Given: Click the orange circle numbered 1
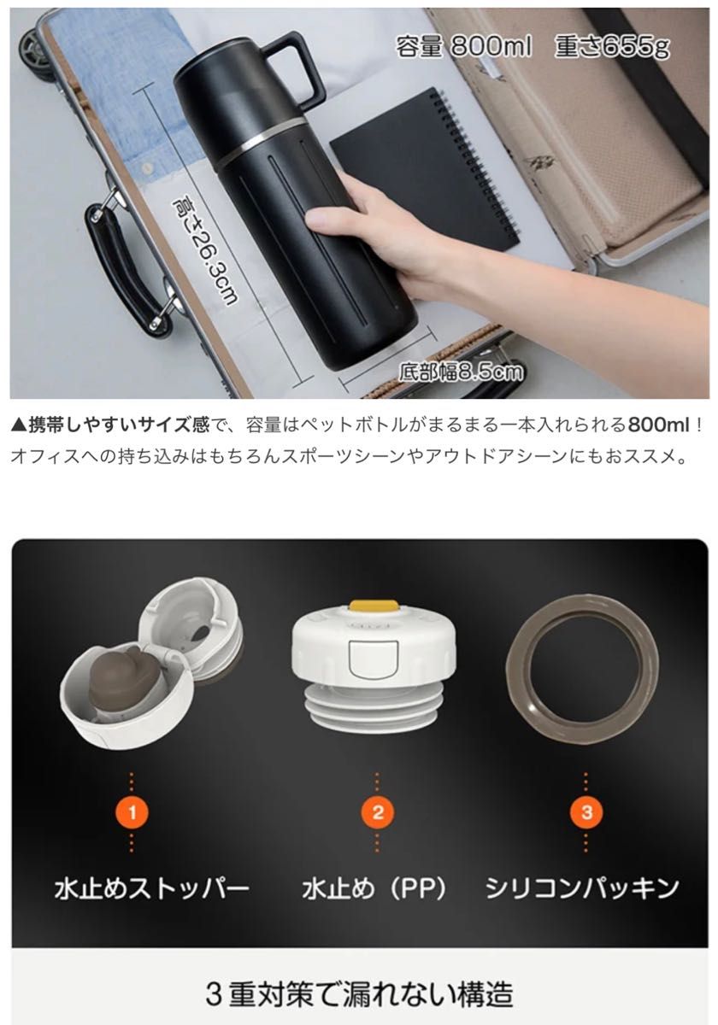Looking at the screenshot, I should [132, 811].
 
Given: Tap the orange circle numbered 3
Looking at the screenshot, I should [586, 811].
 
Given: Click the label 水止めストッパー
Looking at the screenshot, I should [152, 888].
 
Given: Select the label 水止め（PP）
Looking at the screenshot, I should [375, 888].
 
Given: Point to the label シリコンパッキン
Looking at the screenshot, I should [583, 888].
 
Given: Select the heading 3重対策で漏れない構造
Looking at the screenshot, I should [360, 993].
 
